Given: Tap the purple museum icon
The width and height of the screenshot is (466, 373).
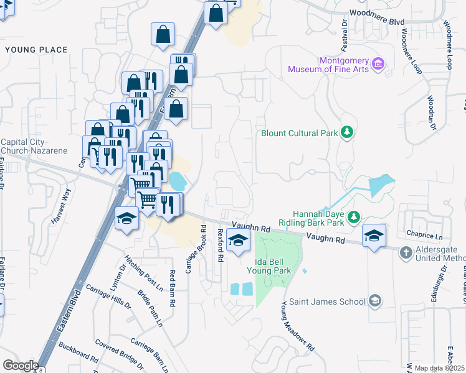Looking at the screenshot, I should click(378, 63).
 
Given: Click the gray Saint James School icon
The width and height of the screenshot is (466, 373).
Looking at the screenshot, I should click(374, 301).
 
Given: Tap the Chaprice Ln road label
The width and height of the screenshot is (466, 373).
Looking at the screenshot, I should click(424, 236).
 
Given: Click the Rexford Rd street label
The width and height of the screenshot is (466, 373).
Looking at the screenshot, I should click(220, 245).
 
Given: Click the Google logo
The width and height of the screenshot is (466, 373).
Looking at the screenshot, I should click(20, 366).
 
